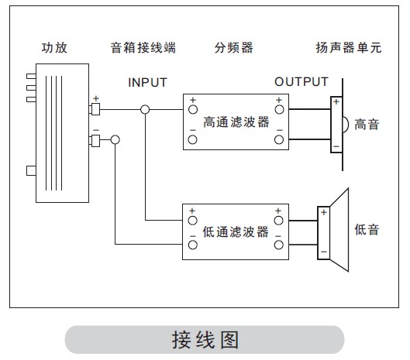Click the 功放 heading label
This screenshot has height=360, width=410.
(x=54, y=48)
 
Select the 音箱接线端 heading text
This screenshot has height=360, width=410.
(x=143, y=48)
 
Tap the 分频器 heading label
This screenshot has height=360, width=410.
(x=234, y=48)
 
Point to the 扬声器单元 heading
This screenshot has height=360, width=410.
(x=349, y=48)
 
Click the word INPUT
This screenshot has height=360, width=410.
(x=147, y=83)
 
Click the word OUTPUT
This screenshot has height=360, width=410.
(x=301, y=82)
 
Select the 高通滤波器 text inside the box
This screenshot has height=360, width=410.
(x=236, y=122)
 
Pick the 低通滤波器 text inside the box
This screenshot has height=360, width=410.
(x=236, y=232)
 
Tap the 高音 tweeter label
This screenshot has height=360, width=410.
(x=367, y=125)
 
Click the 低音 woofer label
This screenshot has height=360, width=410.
(x=367, y=230)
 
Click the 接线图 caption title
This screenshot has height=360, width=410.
(x=205, y=340)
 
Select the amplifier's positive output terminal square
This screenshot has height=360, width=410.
(x=95, y=109)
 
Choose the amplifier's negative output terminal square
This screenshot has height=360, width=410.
(x=95, y=141)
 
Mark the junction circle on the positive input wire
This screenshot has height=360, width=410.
(x=145, y=109)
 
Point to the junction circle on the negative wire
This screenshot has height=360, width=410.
(x=115, y=140)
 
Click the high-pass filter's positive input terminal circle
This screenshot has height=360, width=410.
(x=193, y=109)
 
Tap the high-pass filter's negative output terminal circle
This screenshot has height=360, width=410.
(x=279, y=140)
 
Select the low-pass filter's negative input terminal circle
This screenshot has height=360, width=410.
(x=193, y=245)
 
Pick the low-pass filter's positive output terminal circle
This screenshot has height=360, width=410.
(x=278, y=221)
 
